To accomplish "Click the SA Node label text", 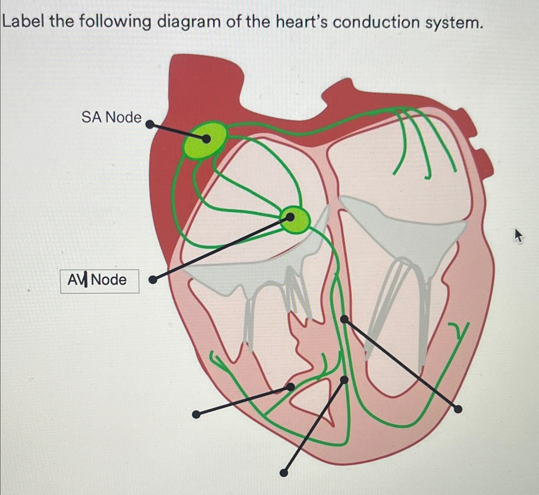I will point(111,117).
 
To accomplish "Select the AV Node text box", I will point(100,281).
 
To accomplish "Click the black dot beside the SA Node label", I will point(150,124).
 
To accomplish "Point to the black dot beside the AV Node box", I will point(153,280).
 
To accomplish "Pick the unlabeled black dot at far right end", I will point(458,409).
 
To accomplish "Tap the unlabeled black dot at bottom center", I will point(283,473).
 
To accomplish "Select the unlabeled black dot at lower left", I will point(196,415).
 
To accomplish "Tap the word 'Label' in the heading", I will point(23,21).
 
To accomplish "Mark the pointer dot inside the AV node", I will point(290,217).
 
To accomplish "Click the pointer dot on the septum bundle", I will point(344,319).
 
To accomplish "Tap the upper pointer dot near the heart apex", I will point(344,380).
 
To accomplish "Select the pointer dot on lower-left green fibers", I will point(290,387).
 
